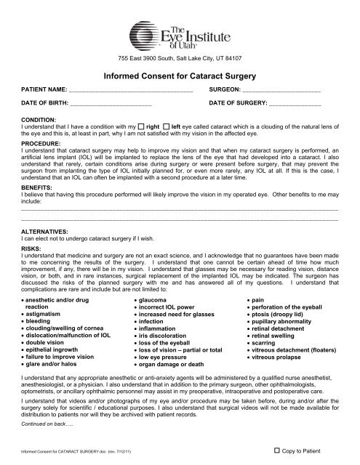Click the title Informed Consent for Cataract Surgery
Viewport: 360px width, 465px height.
coord(180,75)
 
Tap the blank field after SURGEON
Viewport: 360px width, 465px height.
coord(281,92)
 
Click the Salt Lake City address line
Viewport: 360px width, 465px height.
coord(179,57)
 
